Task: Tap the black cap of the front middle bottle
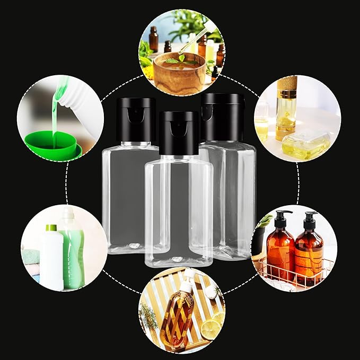178,133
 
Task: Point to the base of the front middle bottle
178,260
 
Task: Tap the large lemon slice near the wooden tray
210,329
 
